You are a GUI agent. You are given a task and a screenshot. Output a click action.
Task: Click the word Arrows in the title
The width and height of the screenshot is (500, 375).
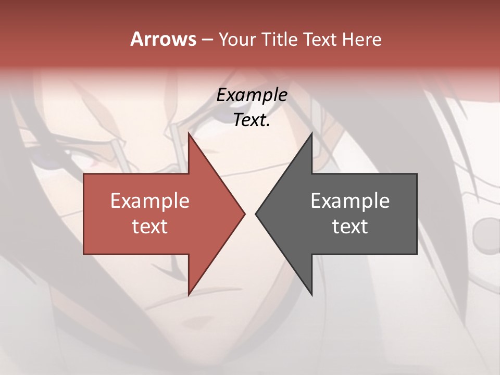click(x=163, y=39)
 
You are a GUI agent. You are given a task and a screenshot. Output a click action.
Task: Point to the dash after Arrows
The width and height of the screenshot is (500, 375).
click(x=207, y=40)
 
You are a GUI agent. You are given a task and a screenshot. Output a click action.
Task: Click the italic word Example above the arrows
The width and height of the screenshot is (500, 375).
click(x=252, y=95)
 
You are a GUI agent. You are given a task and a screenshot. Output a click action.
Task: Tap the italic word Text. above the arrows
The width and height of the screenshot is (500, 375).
click(x=252, y=120)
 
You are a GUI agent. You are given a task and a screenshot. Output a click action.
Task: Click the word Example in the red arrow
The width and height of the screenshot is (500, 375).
click(x=150, y=201)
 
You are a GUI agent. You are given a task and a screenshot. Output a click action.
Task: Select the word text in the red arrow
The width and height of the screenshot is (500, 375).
click(x=150, y=227)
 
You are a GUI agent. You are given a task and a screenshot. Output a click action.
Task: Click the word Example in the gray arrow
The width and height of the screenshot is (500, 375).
click(x=350, y=201)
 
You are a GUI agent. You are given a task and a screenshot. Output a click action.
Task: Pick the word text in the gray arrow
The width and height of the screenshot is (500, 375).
click(x=350, y=227)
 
